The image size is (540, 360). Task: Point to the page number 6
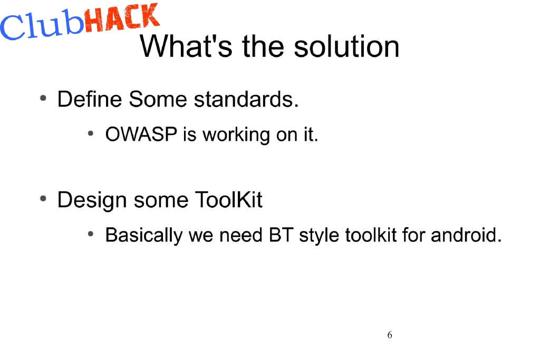390,335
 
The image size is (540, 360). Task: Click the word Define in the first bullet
90,99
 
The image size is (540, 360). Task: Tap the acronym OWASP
141,135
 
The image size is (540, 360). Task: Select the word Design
92,200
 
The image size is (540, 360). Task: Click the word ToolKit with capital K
228,200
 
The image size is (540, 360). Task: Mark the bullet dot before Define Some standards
43,99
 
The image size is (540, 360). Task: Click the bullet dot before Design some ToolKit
43,199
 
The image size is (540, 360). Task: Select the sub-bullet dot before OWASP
91,134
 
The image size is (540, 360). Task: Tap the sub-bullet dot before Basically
91,233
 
